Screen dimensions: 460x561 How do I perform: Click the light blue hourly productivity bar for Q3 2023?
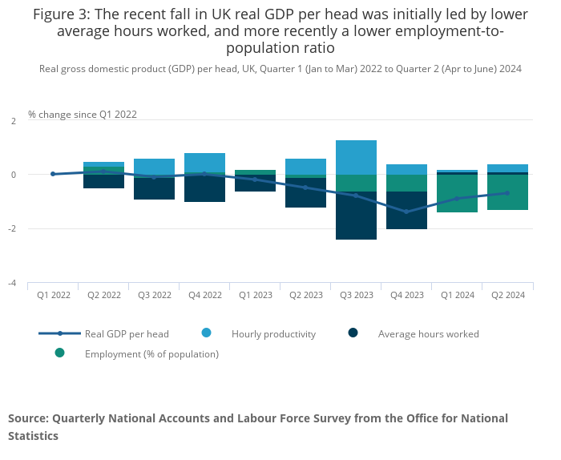click(x=357, y=157)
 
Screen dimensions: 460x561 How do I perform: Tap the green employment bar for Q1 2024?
click(x=458, y=193)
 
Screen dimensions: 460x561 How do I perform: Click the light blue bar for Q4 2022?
click(x=205, y=163)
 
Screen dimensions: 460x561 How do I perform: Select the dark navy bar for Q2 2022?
click(x=104, y=180)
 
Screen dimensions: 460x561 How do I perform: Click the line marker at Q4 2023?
click(x=406, y=212)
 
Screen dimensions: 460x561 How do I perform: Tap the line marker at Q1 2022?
click(x=53, y=174)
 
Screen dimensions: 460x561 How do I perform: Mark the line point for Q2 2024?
click(x=507, y=193)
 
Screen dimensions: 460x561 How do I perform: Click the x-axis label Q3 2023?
click(x=357, y=295)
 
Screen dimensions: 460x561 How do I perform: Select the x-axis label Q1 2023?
click(x=256, y=295)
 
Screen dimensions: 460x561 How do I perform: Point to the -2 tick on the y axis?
click(x=12, y=229)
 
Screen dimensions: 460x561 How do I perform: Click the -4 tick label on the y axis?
click(x=12, y=284)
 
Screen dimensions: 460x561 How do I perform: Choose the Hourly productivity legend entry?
click(x=273, y=333)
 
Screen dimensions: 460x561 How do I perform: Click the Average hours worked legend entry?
click(x=428, y=333)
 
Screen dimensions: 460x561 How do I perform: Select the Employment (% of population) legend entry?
click(x=151, y=353)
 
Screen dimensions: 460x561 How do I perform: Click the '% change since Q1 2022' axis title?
click(x=83, y=115)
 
